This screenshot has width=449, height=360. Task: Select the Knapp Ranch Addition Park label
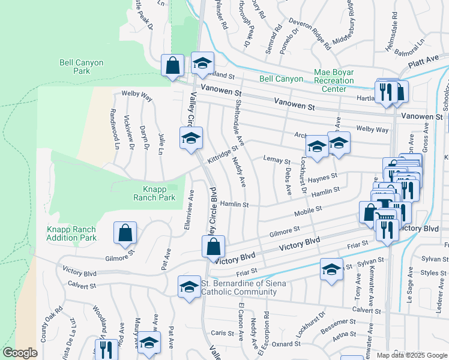[71, 233]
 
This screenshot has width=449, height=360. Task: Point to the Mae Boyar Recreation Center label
[334, 80]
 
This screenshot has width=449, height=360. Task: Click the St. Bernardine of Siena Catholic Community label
[239, 288]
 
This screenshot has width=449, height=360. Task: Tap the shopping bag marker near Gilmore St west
[125, 233]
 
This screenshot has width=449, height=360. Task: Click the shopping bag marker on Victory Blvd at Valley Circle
[213, 246]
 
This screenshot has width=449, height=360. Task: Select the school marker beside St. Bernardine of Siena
[189, 286]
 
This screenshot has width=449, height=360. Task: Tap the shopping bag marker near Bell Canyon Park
[172, 65]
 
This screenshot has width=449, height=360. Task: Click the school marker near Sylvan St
[331, 269]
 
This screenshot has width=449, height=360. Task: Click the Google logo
[20, 353]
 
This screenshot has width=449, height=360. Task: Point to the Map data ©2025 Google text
[412, 355]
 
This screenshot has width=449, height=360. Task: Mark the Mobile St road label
[309, 212]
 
